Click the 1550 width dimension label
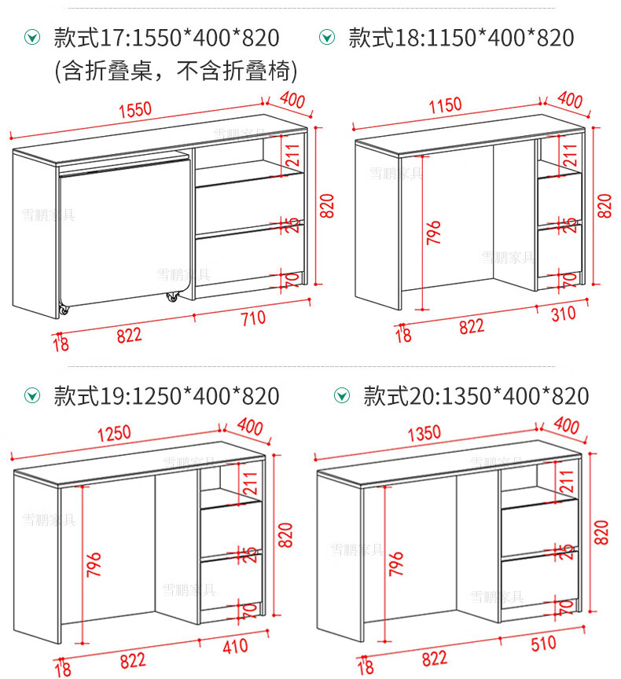[x=135, y=110]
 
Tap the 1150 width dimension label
[x=445, y=105]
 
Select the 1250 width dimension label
[x=115, y=434]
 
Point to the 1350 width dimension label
[x=424, y=433]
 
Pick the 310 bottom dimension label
[x=562, y=314]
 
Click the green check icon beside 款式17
[x=31, y=37]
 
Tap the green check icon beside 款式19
[x=31, y=395]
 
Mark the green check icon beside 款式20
[x=341, y=395]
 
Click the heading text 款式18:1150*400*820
[x=461, y=38]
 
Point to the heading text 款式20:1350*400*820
[x=476, y=396]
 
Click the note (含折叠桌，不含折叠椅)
[x=175, y=72]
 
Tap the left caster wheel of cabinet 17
[x=62, y=312]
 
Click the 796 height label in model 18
[x=434, y=233]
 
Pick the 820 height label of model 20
[x=601, y=534]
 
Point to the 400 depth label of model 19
[x=249, y=428]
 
